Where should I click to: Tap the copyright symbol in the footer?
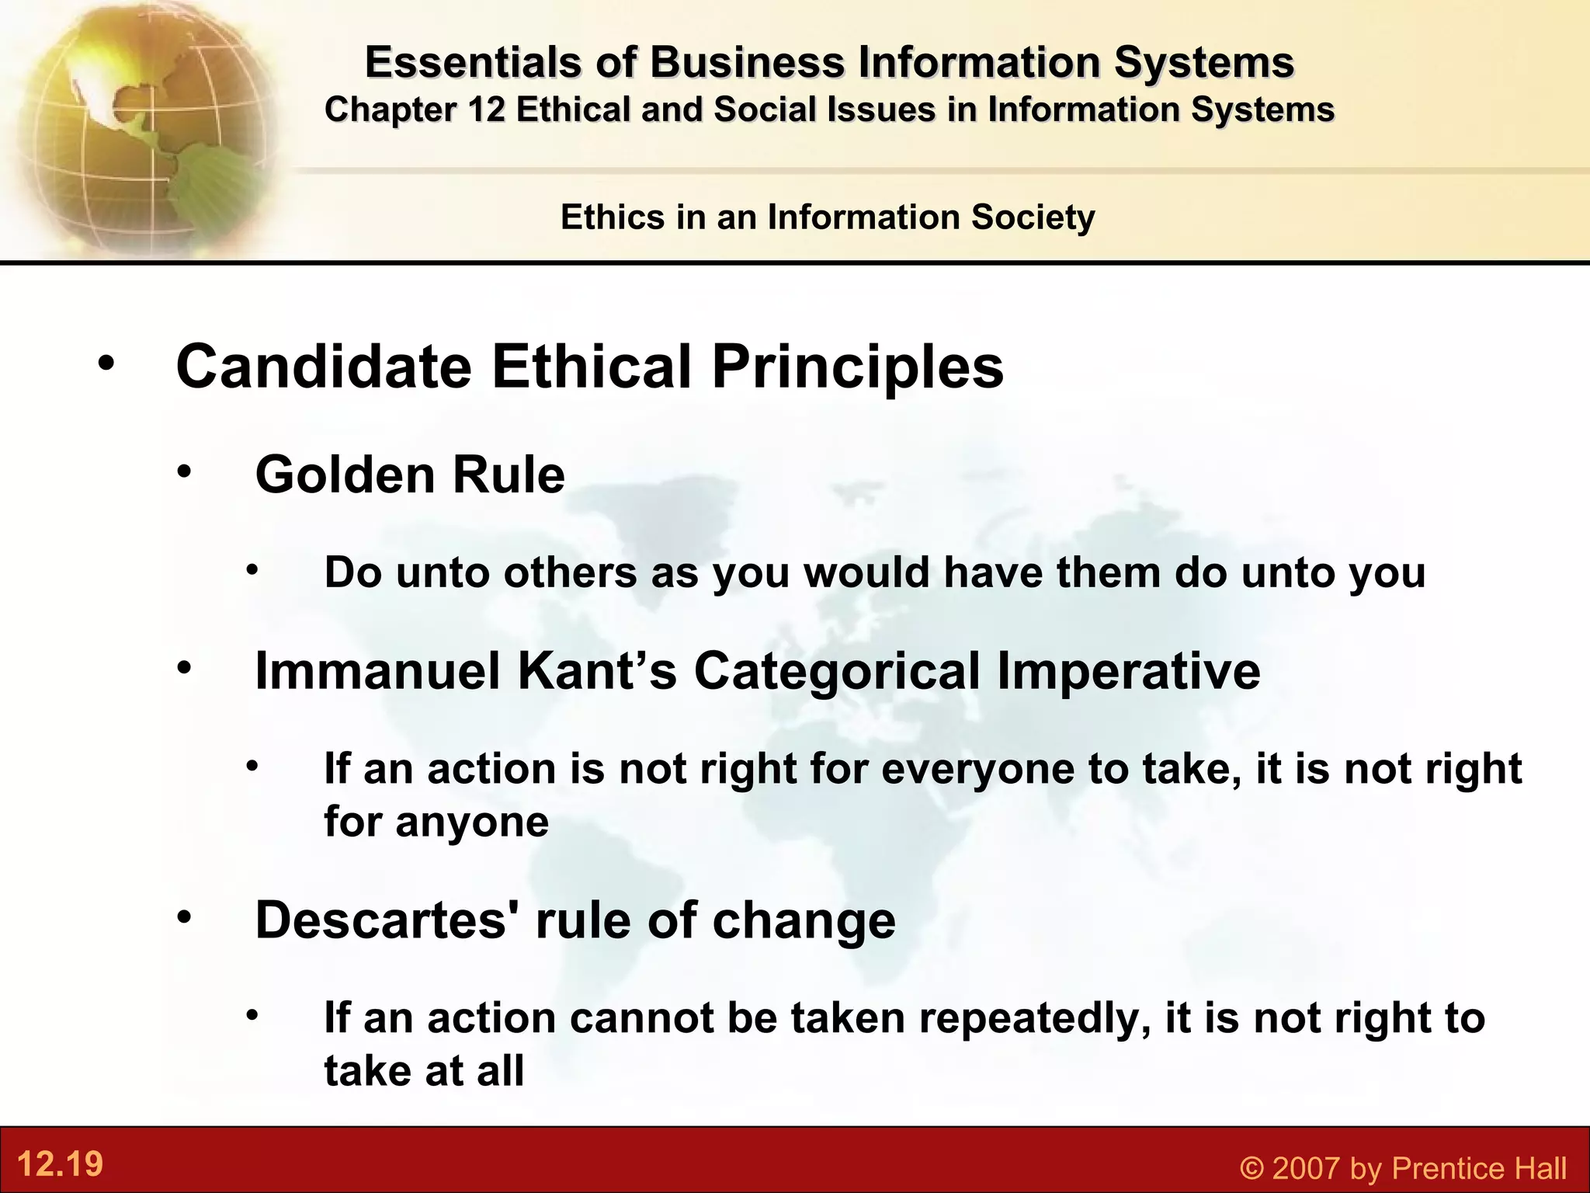[1252, 1168]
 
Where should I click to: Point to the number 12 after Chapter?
[487, 110]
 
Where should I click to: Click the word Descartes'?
[387, 920]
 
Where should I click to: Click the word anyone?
[472, 822]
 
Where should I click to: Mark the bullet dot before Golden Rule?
[183, 471]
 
